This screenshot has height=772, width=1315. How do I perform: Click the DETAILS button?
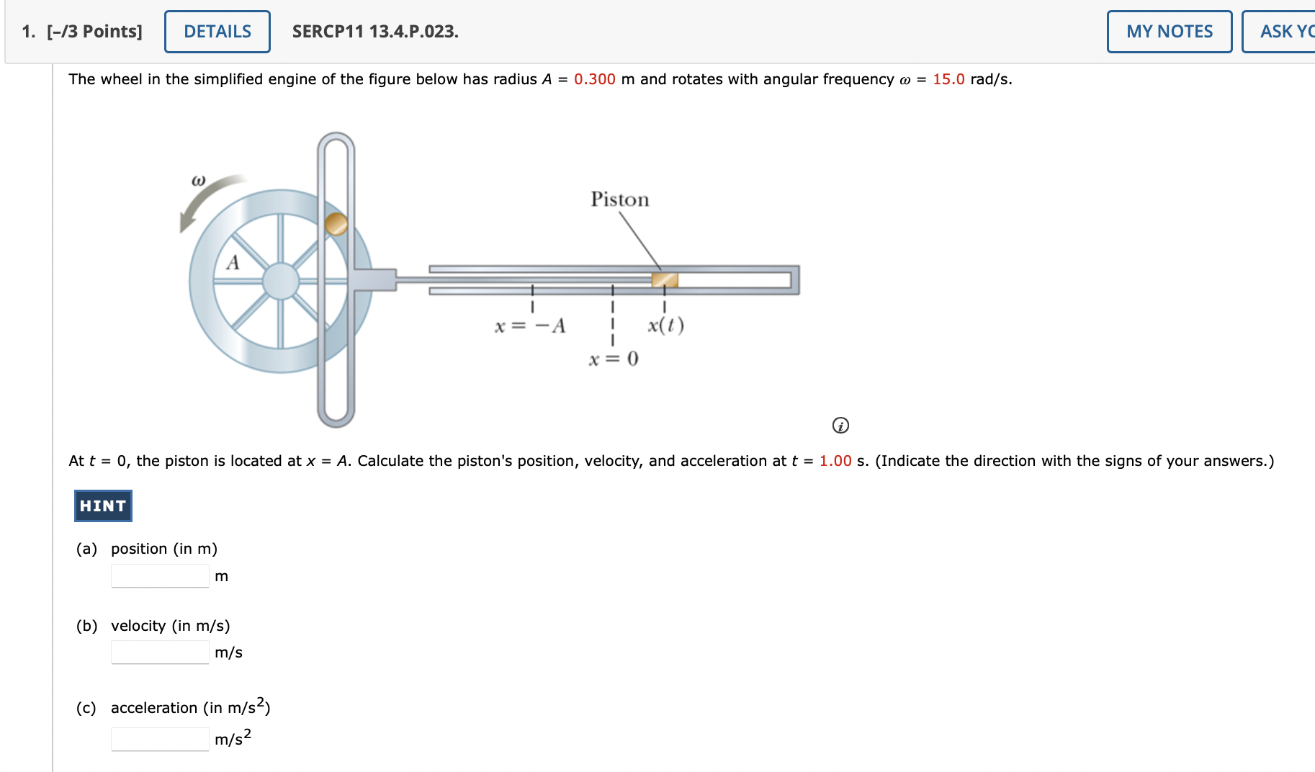217,32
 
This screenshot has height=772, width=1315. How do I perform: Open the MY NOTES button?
1169,32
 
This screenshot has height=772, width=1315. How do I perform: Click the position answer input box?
160,576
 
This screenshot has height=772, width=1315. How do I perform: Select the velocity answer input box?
160,652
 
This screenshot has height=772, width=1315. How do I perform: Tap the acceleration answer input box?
160,739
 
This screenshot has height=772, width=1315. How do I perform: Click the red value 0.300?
594,79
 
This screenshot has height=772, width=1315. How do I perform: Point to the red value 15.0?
948,79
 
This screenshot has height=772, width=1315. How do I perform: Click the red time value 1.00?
835,461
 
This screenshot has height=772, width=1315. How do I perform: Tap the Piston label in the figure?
619,199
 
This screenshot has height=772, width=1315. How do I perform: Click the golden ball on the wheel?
336,224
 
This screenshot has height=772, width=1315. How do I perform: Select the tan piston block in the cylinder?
665,280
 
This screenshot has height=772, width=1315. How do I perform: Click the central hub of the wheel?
281,281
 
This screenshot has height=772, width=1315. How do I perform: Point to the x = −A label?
530,326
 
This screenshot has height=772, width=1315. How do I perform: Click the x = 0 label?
613,359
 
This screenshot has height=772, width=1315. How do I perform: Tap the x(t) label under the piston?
665,326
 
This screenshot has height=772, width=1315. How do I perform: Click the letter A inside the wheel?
233,262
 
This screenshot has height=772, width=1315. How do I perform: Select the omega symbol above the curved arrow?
198,180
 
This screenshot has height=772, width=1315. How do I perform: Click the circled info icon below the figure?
840,426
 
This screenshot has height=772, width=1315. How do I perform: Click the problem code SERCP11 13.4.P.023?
375,32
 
